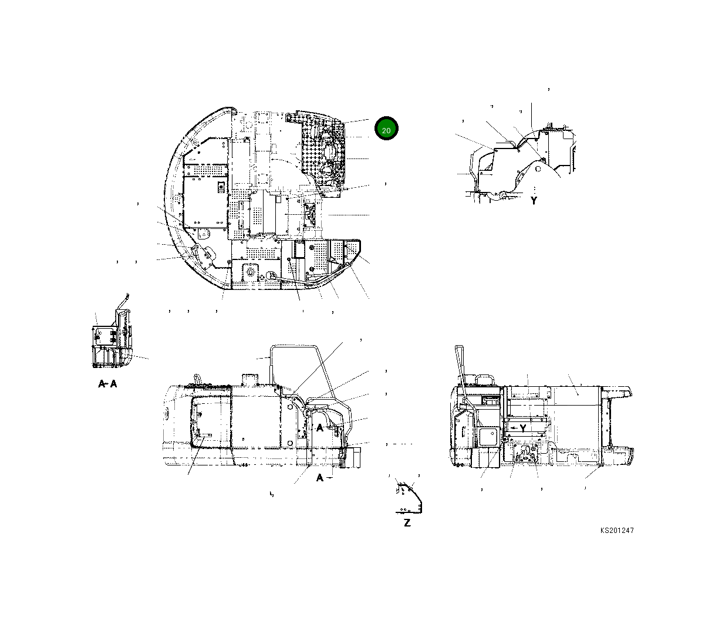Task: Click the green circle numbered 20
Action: pos(386,130)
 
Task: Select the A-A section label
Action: pos(107,384)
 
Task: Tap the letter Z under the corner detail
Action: pos(407,523)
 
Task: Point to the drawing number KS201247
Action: pos(616,531)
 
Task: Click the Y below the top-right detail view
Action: pos(534,201)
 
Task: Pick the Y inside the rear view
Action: pos(522,428)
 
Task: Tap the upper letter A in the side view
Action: pos(320,428)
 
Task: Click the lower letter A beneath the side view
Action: pos(320,478)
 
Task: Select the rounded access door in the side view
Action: pos(208,421)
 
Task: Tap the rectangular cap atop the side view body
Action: pos(250,379)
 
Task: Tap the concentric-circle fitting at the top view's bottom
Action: pos(271,275)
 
